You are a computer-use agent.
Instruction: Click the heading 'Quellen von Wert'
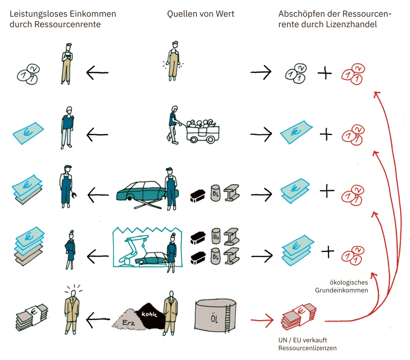200,14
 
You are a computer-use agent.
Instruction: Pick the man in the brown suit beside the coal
170,313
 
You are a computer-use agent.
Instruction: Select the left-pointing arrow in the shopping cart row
97,135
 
